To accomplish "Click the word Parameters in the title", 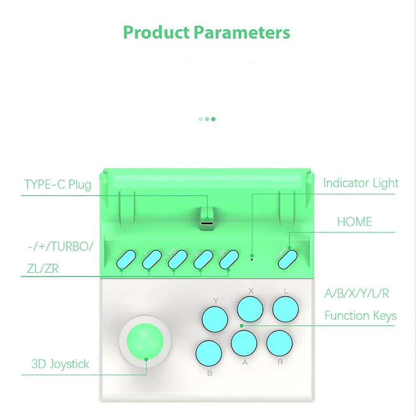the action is click(242, 32).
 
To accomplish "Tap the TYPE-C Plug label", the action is click(57, 184).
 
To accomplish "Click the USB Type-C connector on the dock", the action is click(207, 223).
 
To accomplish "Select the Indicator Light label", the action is click(361, 183).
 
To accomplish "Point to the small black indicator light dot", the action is click(252, 259).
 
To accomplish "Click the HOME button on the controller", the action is click(287, 260).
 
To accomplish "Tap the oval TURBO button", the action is click(178, 259).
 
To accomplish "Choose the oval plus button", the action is click(152, 259).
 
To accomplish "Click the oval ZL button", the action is click(203, 259).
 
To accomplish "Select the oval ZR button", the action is click(229, 259).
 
